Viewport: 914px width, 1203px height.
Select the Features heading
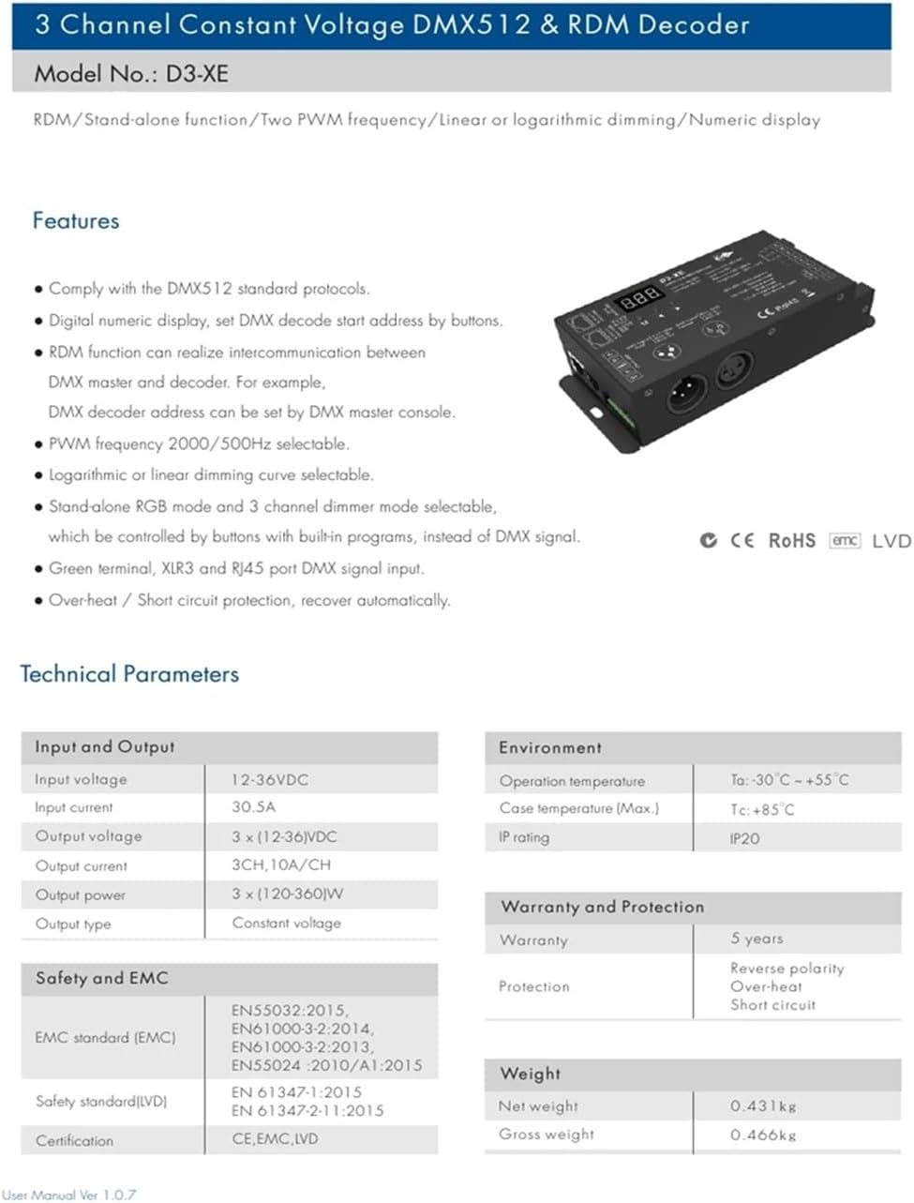coord(76,221)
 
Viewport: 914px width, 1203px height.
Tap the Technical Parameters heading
coord(129,674)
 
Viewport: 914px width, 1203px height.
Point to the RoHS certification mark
coord(792,541)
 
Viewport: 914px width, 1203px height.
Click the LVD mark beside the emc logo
coord(891,541)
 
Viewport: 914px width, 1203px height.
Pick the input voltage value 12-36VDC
coord(270,779)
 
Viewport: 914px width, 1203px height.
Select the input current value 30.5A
coord(254,806)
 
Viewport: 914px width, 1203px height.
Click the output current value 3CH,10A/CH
coord(281,865)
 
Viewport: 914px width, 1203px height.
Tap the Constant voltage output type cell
coord(287,923)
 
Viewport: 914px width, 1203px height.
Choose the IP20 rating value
coord(745,838)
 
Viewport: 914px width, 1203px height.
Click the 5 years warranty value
coord(757,939)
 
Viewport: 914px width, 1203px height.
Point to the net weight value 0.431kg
coord(763,1106)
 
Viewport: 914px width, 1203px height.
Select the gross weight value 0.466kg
coord(763,1135)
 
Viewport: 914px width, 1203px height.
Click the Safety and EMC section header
coord(102,978)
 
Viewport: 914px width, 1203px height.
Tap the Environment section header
coord(550,747)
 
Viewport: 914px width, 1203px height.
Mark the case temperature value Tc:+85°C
coord(762,809)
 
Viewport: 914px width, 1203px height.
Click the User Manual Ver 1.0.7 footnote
coord(69,1195)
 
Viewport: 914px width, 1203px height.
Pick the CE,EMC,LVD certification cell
coord(276,1139)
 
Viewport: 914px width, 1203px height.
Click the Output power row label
coord(81,895)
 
